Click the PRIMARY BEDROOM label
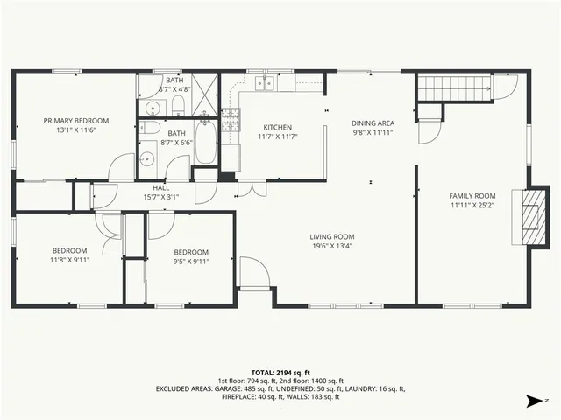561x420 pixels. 77,120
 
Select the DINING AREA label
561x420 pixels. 373,123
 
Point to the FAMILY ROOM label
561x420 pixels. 472,196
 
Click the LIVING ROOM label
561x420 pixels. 331,236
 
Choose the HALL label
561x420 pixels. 160,187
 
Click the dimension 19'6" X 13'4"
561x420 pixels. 331,246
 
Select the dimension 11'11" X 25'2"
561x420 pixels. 472,206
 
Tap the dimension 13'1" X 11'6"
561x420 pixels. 77,129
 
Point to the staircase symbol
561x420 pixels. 452,87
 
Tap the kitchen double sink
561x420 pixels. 263,83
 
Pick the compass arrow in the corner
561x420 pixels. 532,401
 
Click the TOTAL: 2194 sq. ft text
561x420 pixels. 280,372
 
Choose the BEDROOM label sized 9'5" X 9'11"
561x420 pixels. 190,251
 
